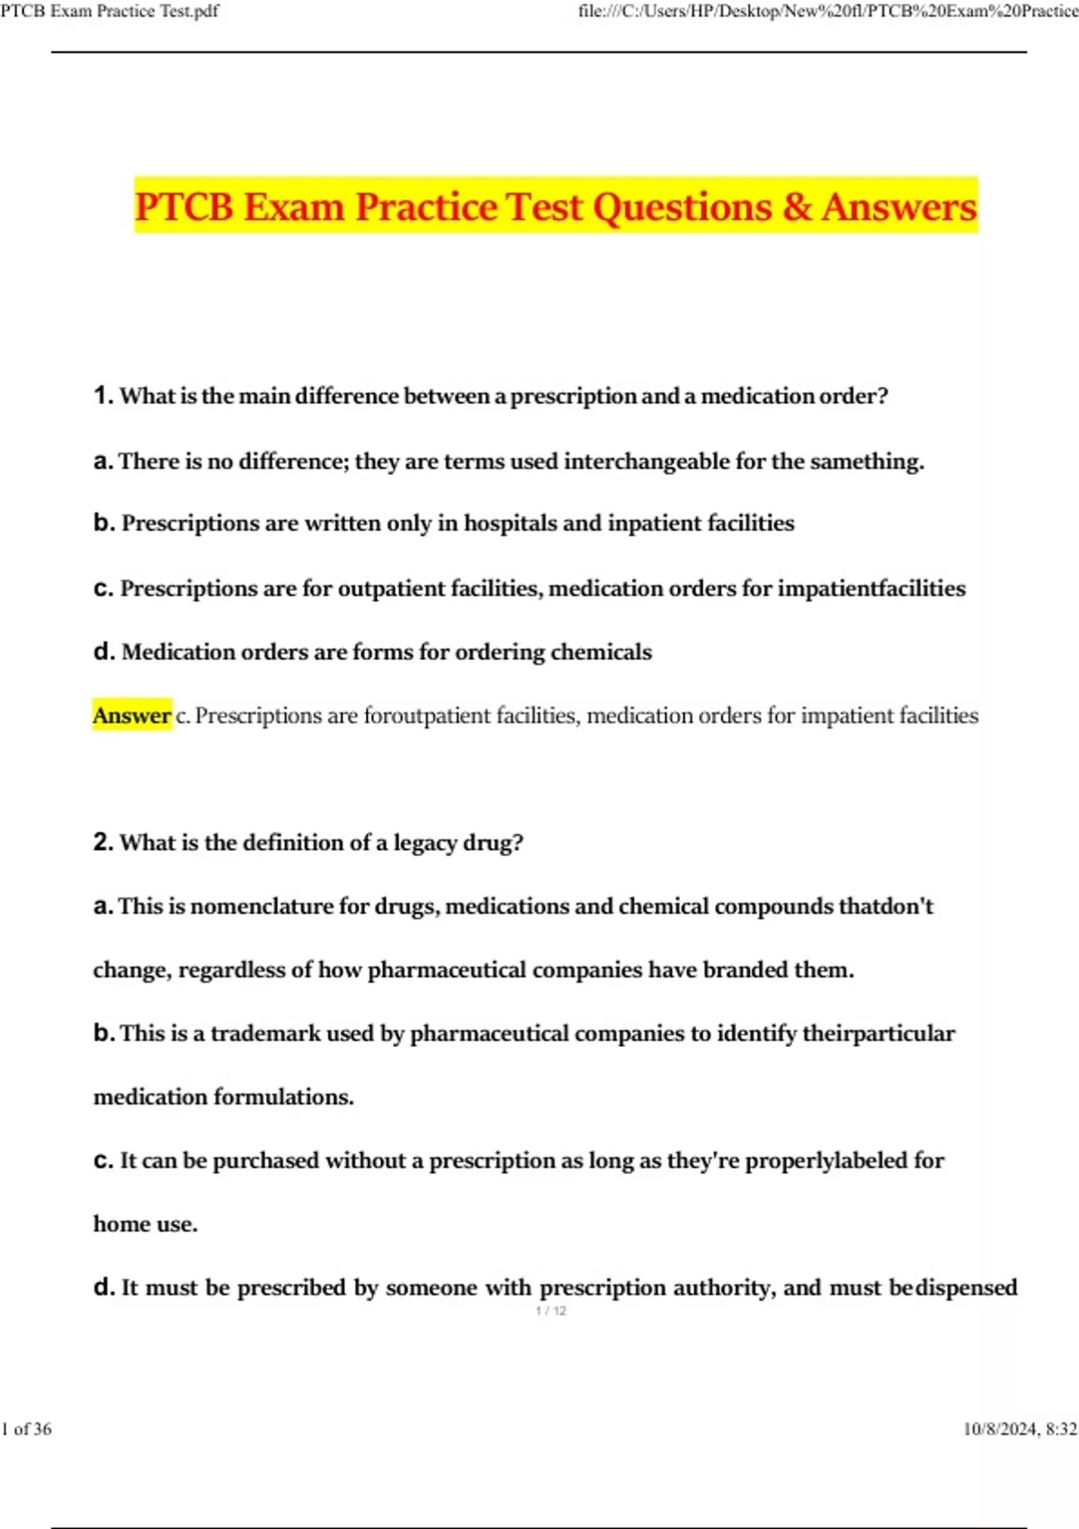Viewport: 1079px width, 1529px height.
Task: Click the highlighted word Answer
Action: [131, 716]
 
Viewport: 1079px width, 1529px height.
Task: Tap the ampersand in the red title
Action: [796, 207]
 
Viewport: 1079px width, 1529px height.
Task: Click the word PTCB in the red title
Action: [183, 207]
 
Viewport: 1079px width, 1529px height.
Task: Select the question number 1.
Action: [102, 395]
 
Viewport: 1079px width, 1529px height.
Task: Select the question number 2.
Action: [102, 842]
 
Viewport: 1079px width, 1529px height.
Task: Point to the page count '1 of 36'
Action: [27, 1429]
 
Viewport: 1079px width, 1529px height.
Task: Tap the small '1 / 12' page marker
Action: [550, 1311]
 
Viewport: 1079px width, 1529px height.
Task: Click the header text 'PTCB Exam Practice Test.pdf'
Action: [109, 12]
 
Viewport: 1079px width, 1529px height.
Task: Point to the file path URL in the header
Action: [827, 12]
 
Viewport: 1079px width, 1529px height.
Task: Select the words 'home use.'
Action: [146, 1225]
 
